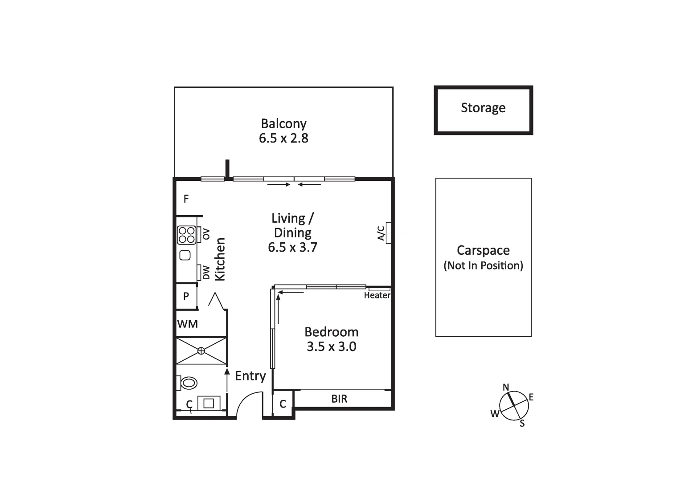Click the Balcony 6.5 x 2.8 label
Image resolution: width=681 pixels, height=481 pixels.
[x=283, y=131]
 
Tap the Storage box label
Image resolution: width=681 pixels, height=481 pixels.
[x=483, y=108]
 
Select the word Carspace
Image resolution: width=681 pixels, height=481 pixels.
[x=483, y=251]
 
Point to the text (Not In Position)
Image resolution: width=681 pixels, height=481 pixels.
[x=483, y=266]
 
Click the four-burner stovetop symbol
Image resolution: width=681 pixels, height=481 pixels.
[x=187, y=235]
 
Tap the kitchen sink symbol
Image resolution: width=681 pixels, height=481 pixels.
[x=185, y=255]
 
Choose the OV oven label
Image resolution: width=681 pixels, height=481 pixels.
[x=206, y=234]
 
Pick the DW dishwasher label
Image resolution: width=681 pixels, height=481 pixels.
[x=206, y=273]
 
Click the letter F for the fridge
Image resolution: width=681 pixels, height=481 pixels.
[x=186, y=199]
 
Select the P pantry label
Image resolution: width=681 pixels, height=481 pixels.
[x=186, y=296]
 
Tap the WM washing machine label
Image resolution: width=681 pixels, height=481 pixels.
[x=188, y=324]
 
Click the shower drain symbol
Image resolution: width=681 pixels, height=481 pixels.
[x=201, y=351]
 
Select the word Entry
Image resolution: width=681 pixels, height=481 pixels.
[x=250, y=376]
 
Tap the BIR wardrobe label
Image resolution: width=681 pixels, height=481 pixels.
[x=339, y=399]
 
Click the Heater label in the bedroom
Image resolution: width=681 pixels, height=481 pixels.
[x=377, y=295]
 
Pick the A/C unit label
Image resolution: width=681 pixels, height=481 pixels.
[x=382, y=233]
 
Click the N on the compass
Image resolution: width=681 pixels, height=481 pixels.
[x=506, y=387]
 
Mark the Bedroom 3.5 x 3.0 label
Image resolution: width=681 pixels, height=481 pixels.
[x=331, y=339]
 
